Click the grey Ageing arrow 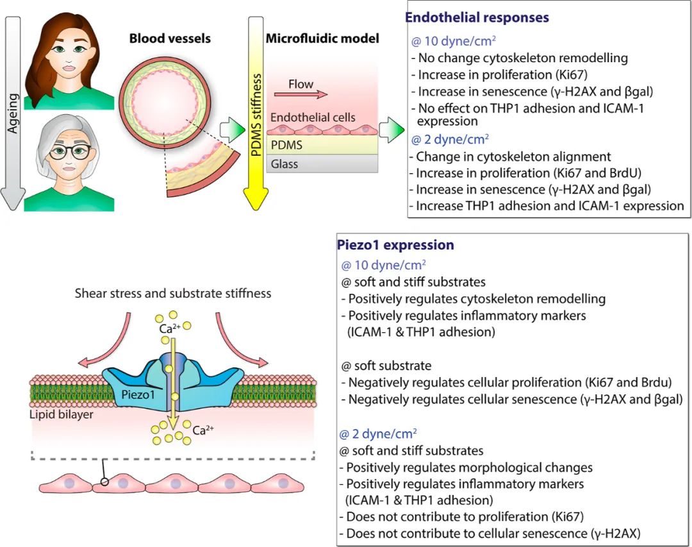[x=13, y=113]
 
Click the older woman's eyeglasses [x=70, y=152]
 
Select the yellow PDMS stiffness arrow [x=256, y=113]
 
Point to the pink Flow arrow [x=301, y=94]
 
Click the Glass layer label [x=284, y=164]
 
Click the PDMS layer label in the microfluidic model [x=286, y=145]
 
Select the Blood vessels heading [x=170, y=38]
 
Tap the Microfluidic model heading [x=322, y=38]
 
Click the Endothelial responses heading [x=477, y=18]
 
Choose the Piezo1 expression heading [x=395, y=245]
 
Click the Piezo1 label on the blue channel [x=138, y=394]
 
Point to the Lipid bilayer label [x=62, y=414]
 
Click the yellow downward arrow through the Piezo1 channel [x=173, y=383]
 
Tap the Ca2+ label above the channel [x=169, y=328]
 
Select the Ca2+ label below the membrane [x=203, y=430]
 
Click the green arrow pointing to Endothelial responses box [x=392, y=130]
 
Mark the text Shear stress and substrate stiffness [x=173, y=294]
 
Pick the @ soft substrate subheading [x=386, y=366]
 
